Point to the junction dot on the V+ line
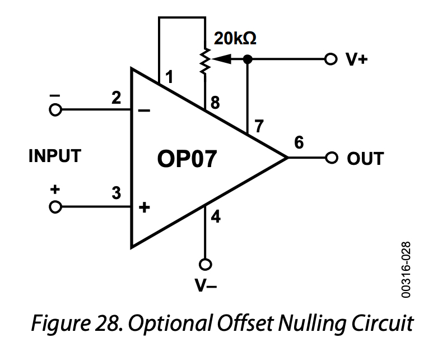pyautogui.click(x=248, y=58)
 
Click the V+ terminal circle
pyautogui.click(x=331, y=58)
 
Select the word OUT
pyautogui.click(x=365, y=159)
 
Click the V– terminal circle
pyautogui.click(x=206, y=264)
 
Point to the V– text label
pyautogui.click(x=206, y=286)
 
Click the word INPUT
pyautogui.click(x=55, y=156)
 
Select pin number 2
pyautogui.click(x=115, y=98)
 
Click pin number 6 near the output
pyautogui.click(x=299, y=143)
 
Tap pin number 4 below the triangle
pyautogui.click(x=215, y=216)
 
